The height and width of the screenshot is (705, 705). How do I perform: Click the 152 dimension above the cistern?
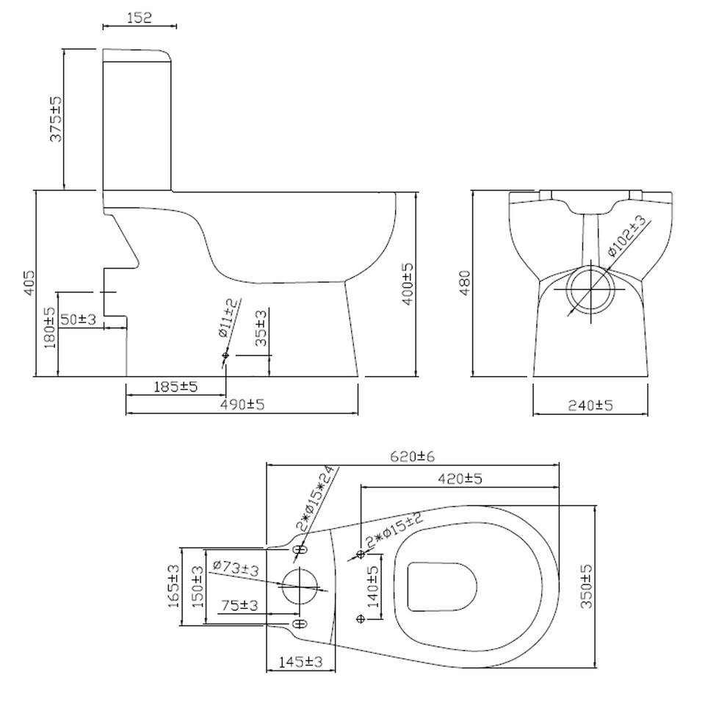point(139,18)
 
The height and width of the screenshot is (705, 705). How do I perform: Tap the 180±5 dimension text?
point(50,328)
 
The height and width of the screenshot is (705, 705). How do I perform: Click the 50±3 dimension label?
point(79,319)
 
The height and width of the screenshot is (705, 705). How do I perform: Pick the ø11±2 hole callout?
point(228,318)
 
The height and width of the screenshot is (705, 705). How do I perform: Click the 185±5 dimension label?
point(175,386)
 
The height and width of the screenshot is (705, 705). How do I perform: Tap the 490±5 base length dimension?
point(242,405)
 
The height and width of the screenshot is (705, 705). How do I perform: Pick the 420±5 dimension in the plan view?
point(460,479)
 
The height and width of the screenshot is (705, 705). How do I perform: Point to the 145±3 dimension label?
point(301,662)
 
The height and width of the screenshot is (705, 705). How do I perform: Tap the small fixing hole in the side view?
point(225,357)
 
